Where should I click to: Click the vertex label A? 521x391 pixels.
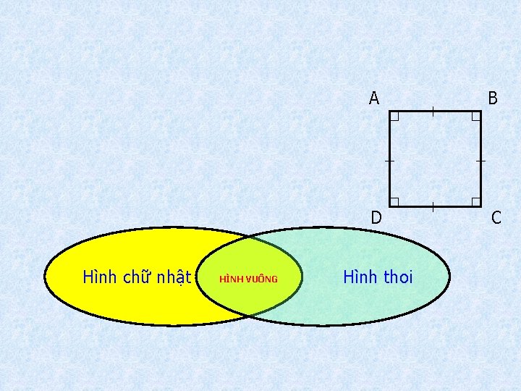(373, 98)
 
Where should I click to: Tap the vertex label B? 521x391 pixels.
(493, 98)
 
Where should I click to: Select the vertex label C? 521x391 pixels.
(496, 216)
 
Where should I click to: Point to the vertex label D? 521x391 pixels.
(376, 216)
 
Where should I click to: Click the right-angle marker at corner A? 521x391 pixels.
(394, 116)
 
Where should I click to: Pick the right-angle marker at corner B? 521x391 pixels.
(475, 116)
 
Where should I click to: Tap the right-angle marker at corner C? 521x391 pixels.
(475, 201)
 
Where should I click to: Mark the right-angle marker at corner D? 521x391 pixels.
(394, 201)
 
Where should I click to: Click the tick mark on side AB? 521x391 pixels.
(432, 111)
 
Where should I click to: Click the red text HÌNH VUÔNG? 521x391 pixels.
(248, 279)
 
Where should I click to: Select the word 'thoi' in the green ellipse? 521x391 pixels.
(397, 277)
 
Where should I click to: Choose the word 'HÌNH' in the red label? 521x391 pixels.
(231, 279)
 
